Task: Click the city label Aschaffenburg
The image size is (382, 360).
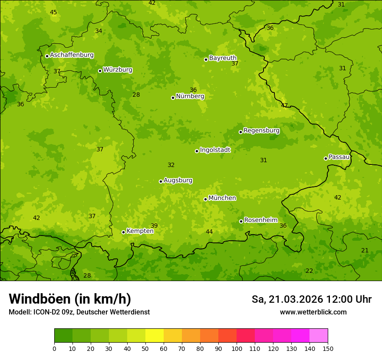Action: [x=72, y=55]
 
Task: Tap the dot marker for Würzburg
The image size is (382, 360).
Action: [x=100, y=71]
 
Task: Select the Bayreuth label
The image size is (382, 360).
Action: [x=223, y=58]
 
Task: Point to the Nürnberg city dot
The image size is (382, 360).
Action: [x=173, y=98]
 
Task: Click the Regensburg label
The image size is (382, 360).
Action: [x=261, y=130]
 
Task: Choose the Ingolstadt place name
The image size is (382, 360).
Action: [x=215, y=150]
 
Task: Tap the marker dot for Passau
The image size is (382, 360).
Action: [x=326, y=158]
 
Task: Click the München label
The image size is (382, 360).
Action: [x=222, y=198]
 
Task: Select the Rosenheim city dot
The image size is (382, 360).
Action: [x=241, y=221]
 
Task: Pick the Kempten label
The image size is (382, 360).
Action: [x=140, y=231]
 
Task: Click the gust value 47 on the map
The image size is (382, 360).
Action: [x=284, y=105]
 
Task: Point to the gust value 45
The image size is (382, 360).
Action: [x=53, y=12]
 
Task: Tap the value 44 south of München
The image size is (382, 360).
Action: [x=209, y=232]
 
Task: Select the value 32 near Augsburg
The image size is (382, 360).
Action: [x=171, y=165]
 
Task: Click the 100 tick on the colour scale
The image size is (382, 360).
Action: [x=237, y=348]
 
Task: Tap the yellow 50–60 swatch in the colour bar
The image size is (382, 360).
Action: [x=155, y=336]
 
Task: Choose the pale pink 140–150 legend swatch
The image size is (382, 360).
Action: [x=319, y=336]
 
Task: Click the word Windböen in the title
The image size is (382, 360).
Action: [x=40, y=299]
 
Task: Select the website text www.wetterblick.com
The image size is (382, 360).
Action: [x=313, y=312]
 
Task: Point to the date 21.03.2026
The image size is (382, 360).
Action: [x=296, y=299]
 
